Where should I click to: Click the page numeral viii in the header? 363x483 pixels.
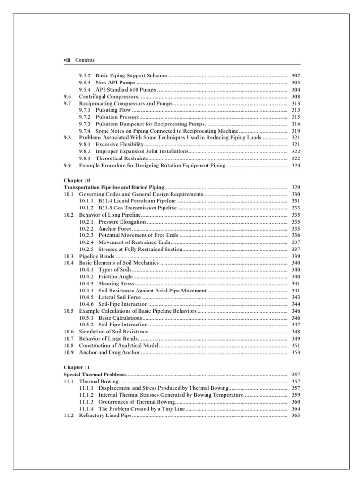[67, 60]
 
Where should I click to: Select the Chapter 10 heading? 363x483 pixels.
[76, 180]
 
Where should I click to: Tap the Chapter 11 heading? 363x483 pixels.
[76, 367]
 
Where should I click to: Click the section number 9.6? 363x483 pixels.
[67, 96]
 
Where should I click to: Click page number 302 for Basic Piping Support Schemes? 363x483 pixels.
[296, 75]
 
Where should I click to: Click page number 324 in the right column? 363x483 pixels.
[296, 166]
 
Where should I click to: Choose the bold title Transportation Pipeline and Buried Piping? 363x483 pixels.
[114, 187]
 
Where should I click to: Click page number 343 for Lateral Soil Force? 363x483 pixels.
[296, 298]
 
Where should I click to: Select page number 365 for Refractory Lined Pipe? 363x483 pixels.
[296, 416]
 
